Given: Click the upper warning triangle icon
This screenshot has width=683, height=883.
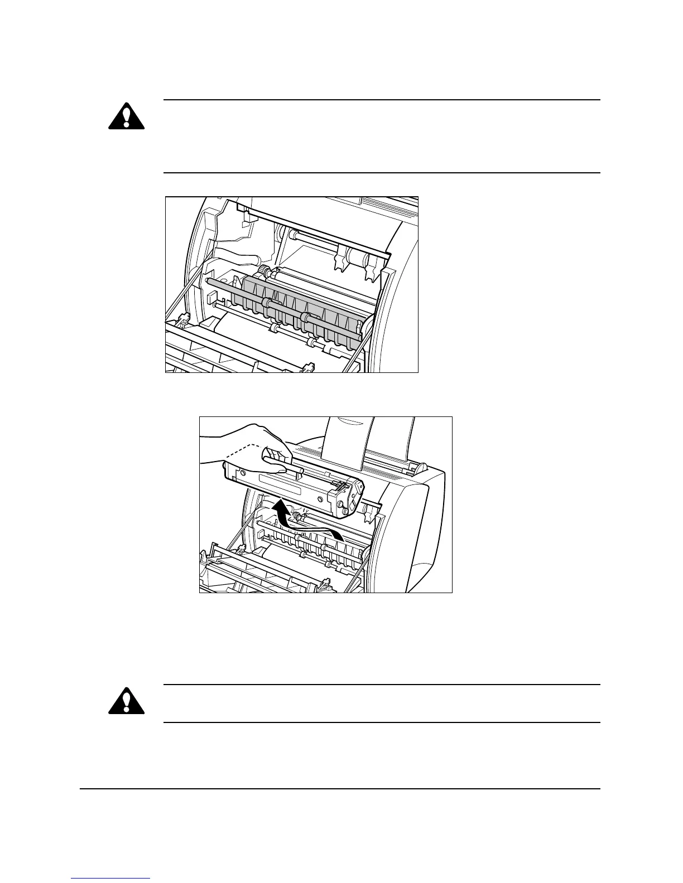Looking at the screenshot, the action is click(x=126, y=116).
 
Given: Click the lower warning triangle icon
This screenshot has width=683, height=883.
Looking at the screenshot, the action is click(x=126, y=700).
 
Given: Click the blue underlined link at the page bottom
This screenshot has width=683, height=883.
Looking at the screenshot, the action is click(x=111, y=879).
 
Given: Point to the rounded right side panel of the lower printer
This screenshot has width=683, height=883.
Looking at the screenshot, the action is click(x=427, y=530).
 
